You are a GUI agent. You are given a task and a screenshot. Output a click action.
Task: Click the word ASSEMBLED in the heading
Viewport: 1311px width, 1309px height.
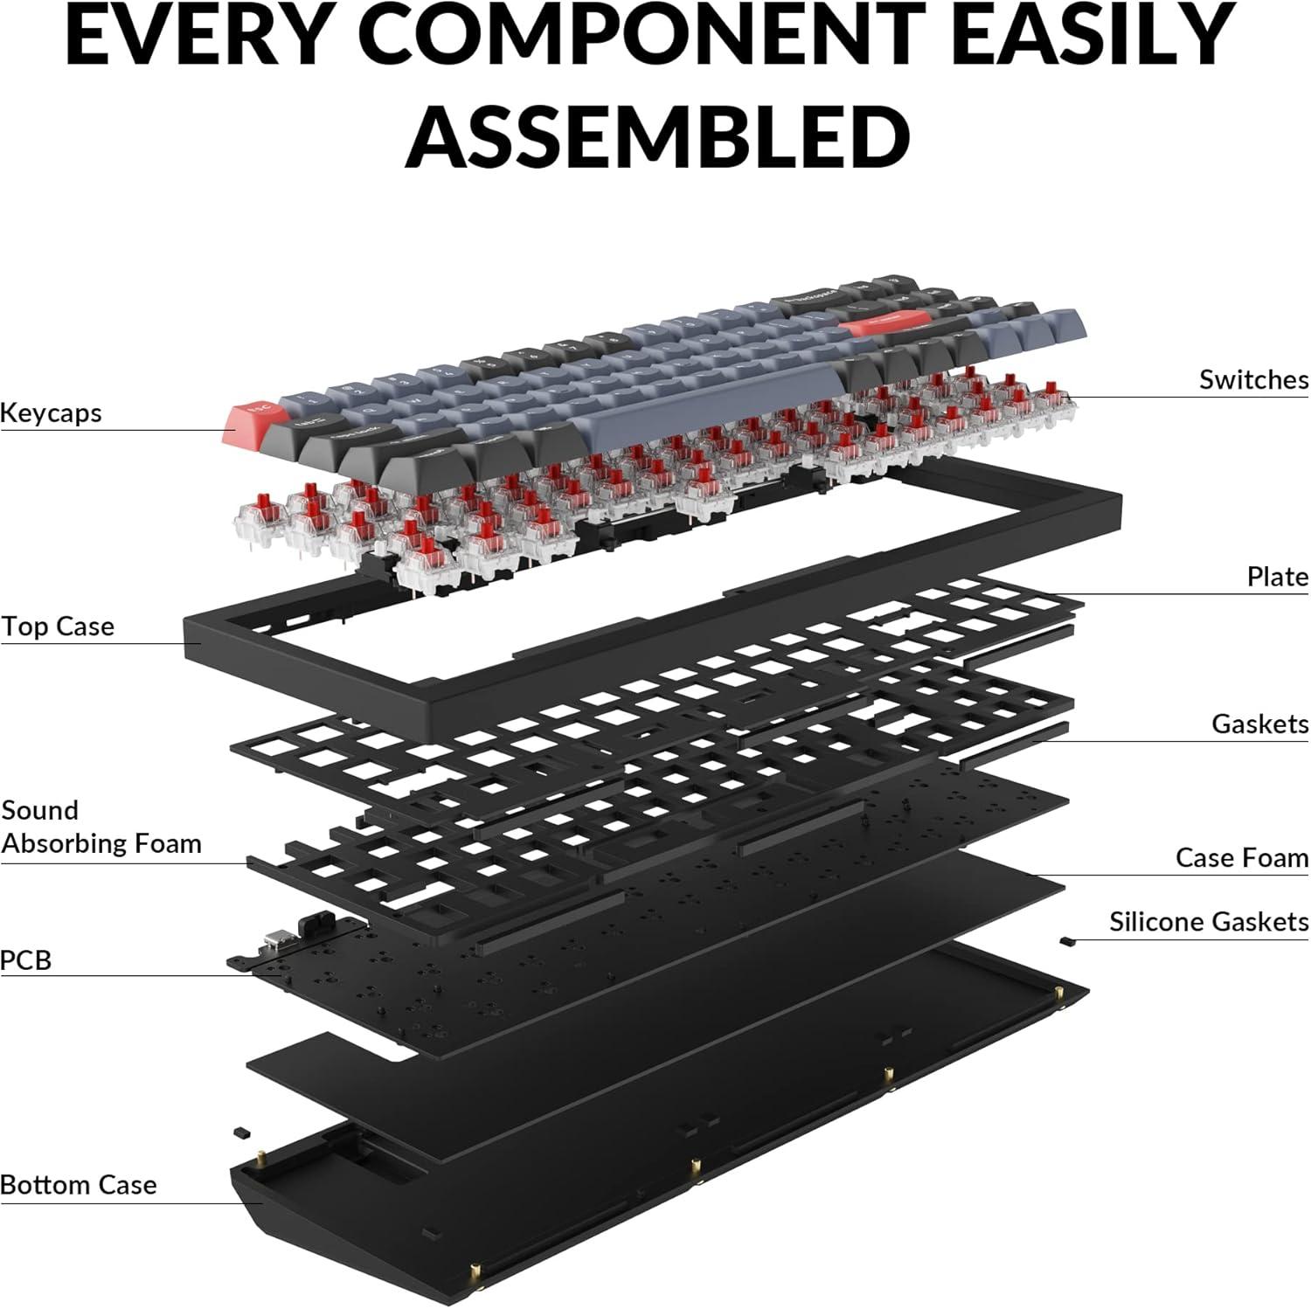click(x=658, y=136)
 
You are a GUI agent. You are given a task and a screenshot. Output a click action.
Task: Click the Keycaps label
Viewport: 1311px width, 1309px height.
click(x=51, y=412)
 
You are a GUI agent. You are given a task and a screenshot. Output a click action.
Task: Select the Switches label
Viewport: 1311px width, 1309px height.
click(x=1253, y=379)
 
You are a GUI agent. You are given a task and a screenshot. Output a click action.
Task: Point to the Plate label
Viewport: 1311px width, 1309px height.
click(x=1278, y=577)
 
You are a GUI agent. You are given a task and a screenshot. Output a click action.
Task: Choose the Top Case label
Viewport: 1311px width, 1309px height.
click(x=58, y=627)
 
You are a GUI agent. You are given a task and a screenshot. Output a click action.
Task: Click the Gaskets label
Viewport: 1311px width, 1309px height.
click(x=1259, y=724)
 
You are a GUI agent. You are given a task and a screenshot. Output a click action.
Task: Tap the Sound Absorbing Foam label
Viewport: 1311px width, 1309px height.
click(x=101, y=827)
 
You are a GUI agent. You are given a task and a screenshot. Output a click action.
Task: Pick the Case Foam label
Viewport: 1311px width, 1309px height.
click(x=1242, y=857)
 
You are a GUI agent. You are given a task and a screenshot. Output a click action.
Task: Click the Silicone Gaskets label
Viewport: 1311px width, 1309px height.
click(x=1209, y=921)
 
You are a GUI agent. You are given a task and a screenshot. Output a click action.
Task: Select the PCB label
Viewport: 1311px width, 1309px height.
click(x=26, y=959)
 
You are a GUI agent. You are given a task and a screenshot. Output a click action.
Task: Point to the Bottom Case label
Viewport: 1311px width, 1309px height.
click(x=79, y=1185)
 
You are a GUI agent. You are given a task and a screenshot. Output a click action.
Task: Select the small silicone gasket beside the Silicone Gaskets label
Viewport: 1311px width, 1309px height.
click(x=1066, y=941)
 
